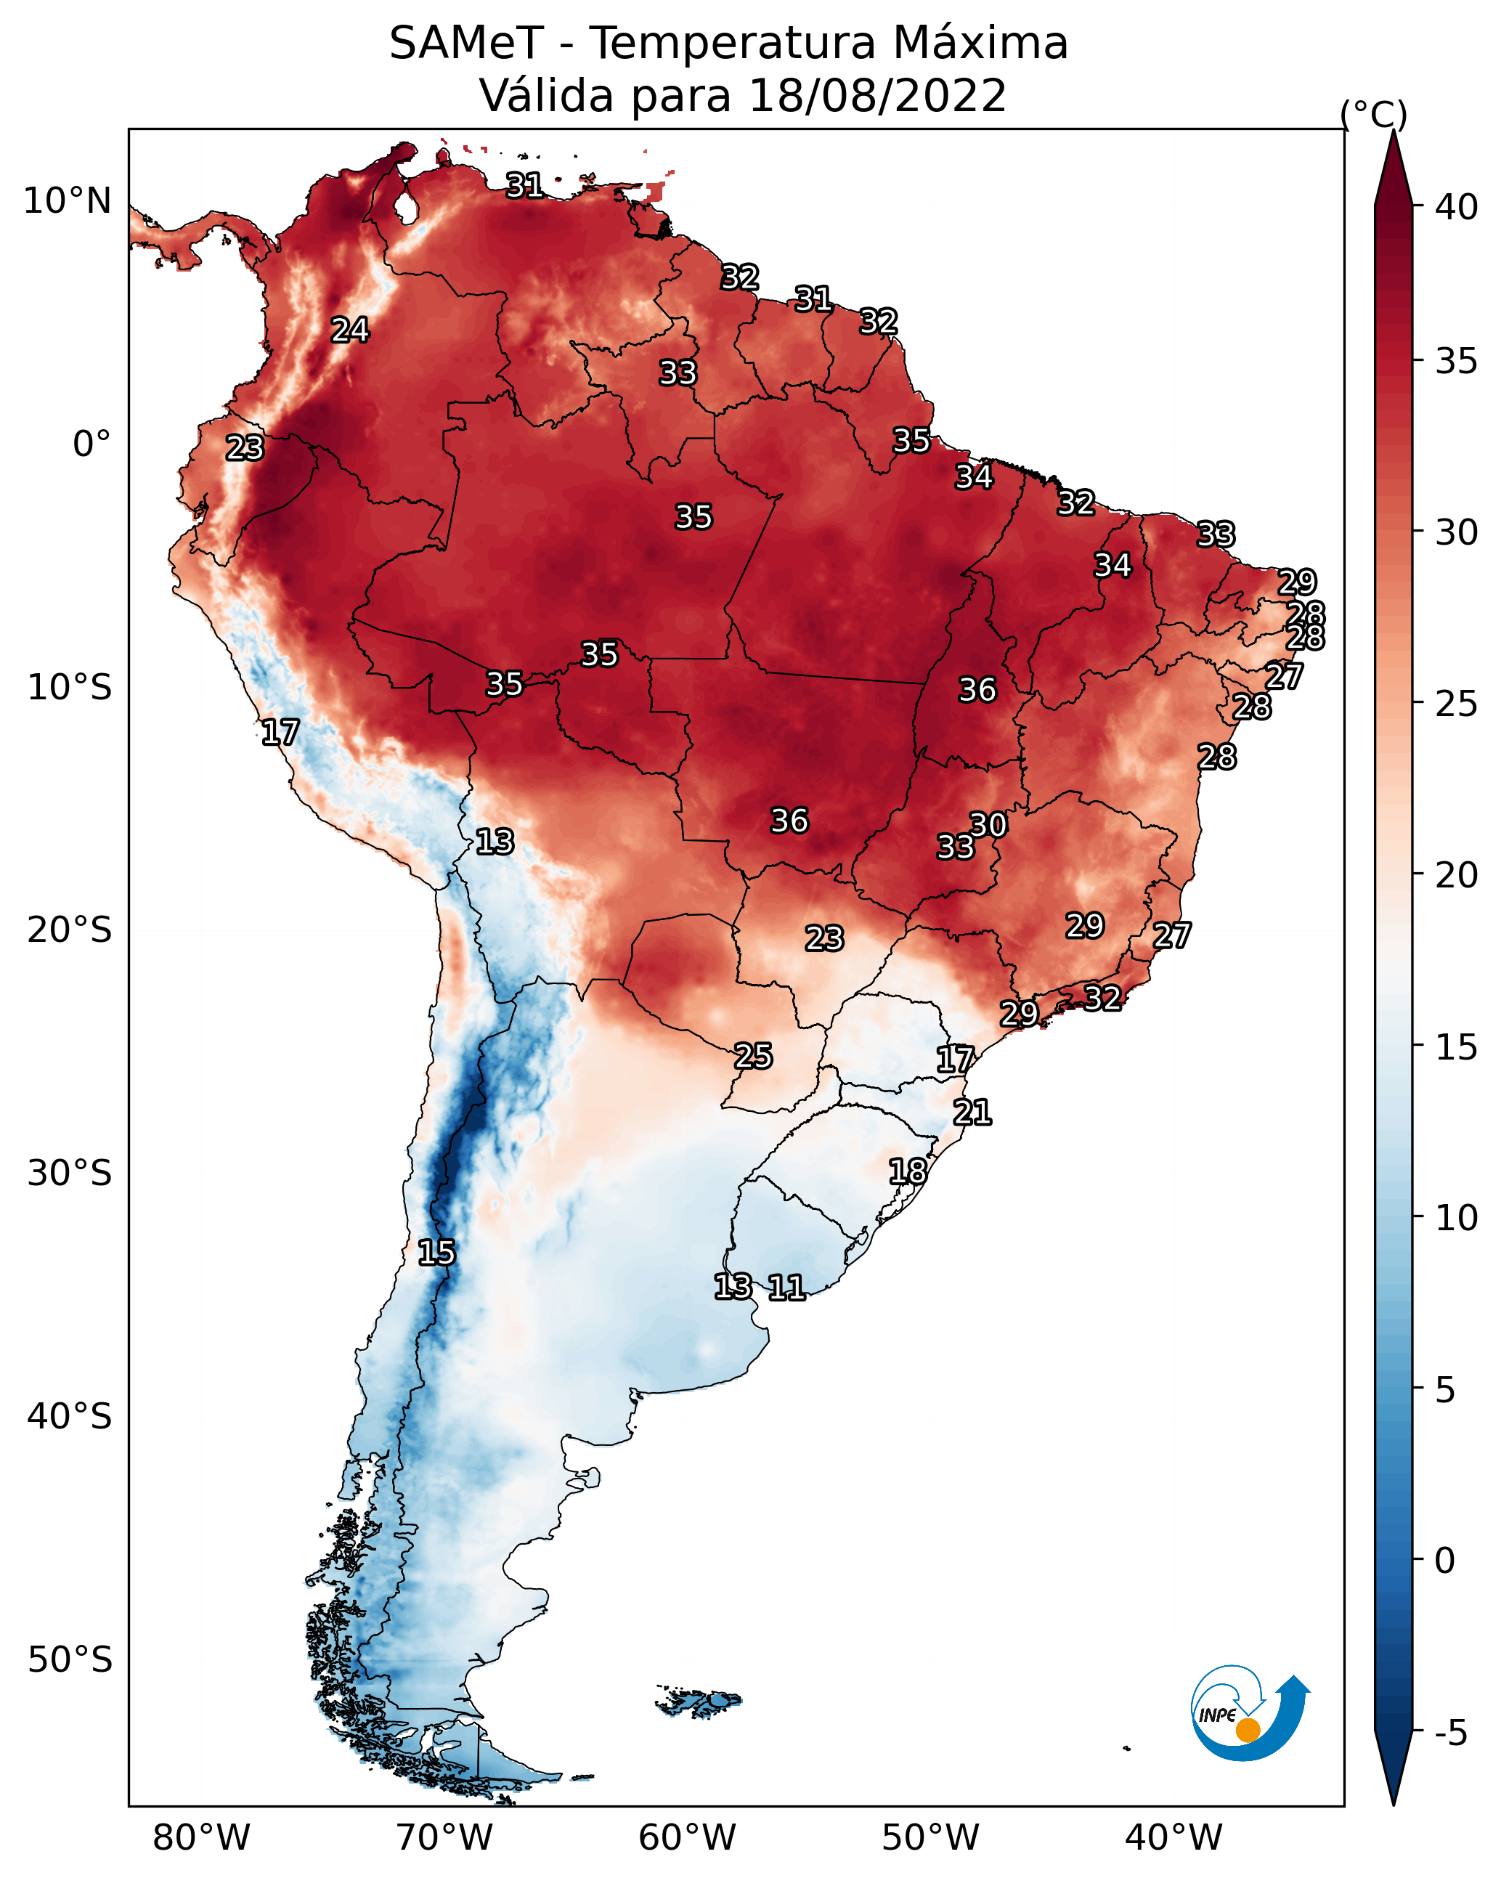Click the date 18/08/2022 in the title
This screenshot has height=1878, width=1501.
[876, 96]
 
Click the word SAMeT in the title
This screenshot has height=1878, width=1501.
[466, 44]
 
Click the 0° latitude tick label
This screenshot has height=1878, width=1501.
[91, 444]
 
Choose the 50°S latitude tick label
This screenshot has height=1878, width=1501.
[70, 1660]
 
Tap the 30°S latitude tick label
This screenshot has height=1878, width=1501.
[70, 1174]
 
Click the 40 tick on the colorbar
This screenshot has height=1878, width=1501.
[1457, 207]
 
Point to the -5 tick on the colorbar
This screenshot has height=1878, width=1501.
[1450, 1733]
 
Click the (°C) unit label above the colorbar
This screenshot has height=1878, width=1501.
[1374, 114]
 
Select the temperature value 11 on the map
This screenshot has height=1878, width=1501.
[786, 1288]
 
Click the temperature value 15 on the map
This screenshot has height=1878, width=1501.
[436, 1253]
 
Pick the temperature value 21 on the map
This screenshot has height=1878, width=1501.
[972, 1113]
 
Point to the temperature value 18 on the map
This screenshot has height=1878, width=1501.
[908, 1171]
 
